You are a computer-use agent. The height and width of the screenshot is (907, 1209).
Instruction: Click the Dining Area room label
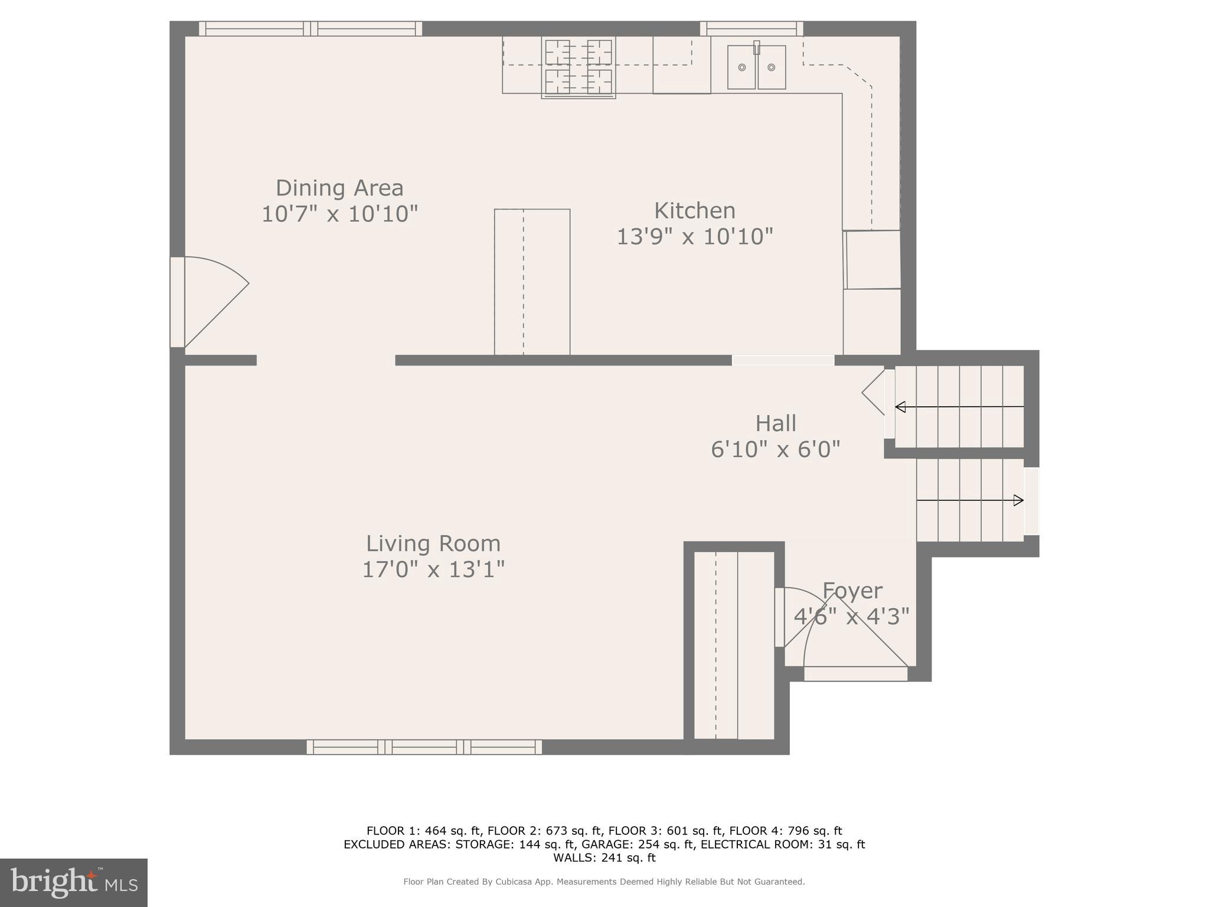pos(339,188)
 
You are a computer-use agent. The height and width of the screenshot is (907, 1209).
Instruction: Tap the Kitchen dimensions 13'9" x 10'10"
pos(695,237)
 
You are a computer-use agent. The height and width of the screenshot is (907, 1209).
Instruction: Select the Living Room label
pos(433,543)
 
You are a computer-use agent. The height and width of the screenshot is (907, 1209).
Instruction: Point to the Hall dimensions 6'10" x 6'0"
pos(776,449)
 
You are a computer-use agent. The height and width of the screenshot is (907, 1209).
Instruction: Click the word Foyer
pos(852,590)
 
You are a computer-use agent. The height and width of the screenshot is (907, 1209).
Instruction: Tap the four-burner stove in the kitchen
pos(579,67)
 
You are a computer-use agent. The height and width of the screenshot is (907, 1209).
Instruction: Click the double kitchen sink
pos(756,67)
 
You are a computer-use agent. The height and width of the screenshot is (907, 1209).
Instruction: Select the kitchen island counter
pos(532,282)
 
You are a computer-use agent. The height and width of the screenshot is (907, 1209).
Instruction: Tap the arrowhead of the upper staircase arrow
pos(900,407)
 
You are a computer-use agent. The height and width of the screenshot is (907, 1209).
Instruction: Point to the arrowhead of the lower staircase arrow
pos(1018,501)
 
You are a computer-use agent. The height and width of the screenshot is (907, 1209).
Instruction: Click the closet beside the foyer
pos(734,645)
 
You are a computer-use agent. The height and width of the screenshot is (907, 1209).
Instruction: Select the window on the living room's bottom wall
pos(424,747)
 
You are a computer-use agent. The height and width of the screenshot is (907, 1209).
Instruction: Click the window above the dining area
pos(311,28)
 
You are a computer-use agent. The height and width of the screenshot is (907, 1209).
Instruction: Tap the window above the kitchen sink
pos(751,28)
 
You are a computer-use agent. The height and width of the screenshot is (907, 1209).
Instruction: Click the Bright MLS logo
pos(74,882)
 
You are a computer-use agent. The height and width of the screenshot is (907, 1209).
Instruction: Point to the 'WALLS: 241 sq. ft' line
pos(604,858)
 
